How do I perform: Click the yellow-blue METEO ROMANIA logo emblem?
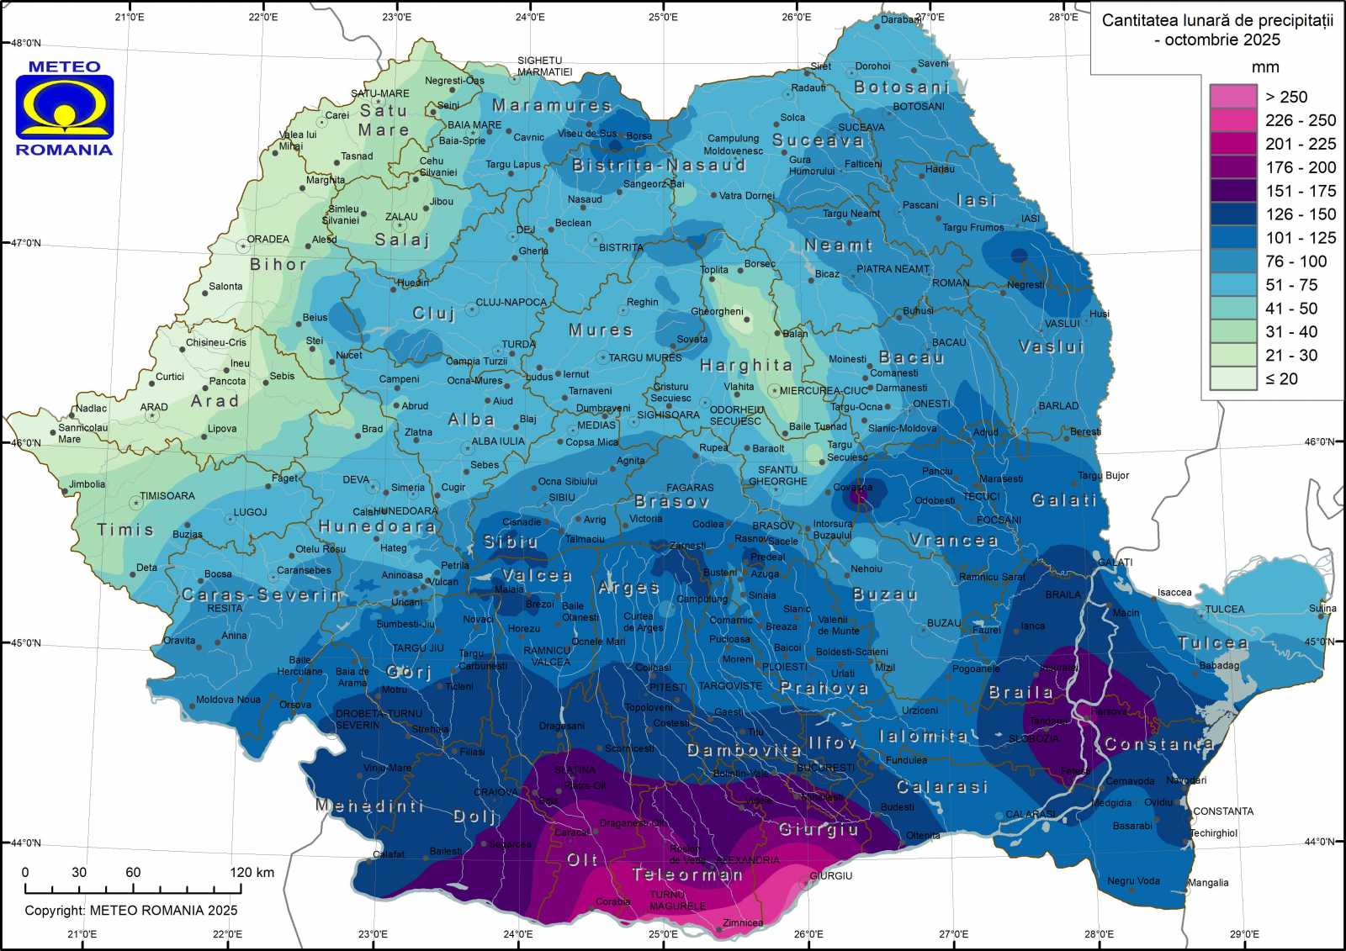pyautogui.click(x=65, y=107)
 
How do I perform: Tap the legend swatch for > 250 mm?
pyautogui.click(x=1232, y=96)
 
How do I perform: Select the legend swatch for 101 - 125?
pyautogui.click(x=1232, y=237)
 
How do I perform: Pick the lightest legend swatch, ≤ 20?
pyautogui.click(x=1232, y=378)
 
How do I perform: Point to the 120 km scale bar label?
pyautogui.click(x=252, y=872)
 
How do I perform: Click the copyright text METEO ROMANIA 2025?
pyautogui.click(x=130, y=910)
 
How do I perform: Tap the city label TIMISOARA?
pyautogui.click(x=167, y=495)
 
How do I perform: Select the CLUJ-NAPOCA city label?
pyautogui.click(x=511, y=302)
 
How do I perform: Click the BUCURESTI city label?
pyautogui.click(x=825, y=767)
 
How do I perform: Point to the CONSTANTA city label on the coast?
pyautogui.click(x=1222, y=811)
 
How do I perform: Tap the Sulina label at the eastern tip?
pyautogui.click(x=1322, y=608)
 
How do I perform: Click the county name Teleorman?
pyautogui.click(x=687, y=874)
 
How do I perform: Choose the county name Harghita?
pyautogui.click(x=746, y=365)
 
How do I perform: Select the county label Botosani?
pyautogui.click(x=901, y=87)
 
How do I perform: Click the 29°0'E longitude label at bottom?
pyautogui.click(x=1243, y=933)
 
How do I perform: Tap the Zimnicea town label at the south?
pyautogui.click(x=742, y=922)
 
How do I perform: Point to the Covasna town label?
pyautogui.click(x=852, y=487)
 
